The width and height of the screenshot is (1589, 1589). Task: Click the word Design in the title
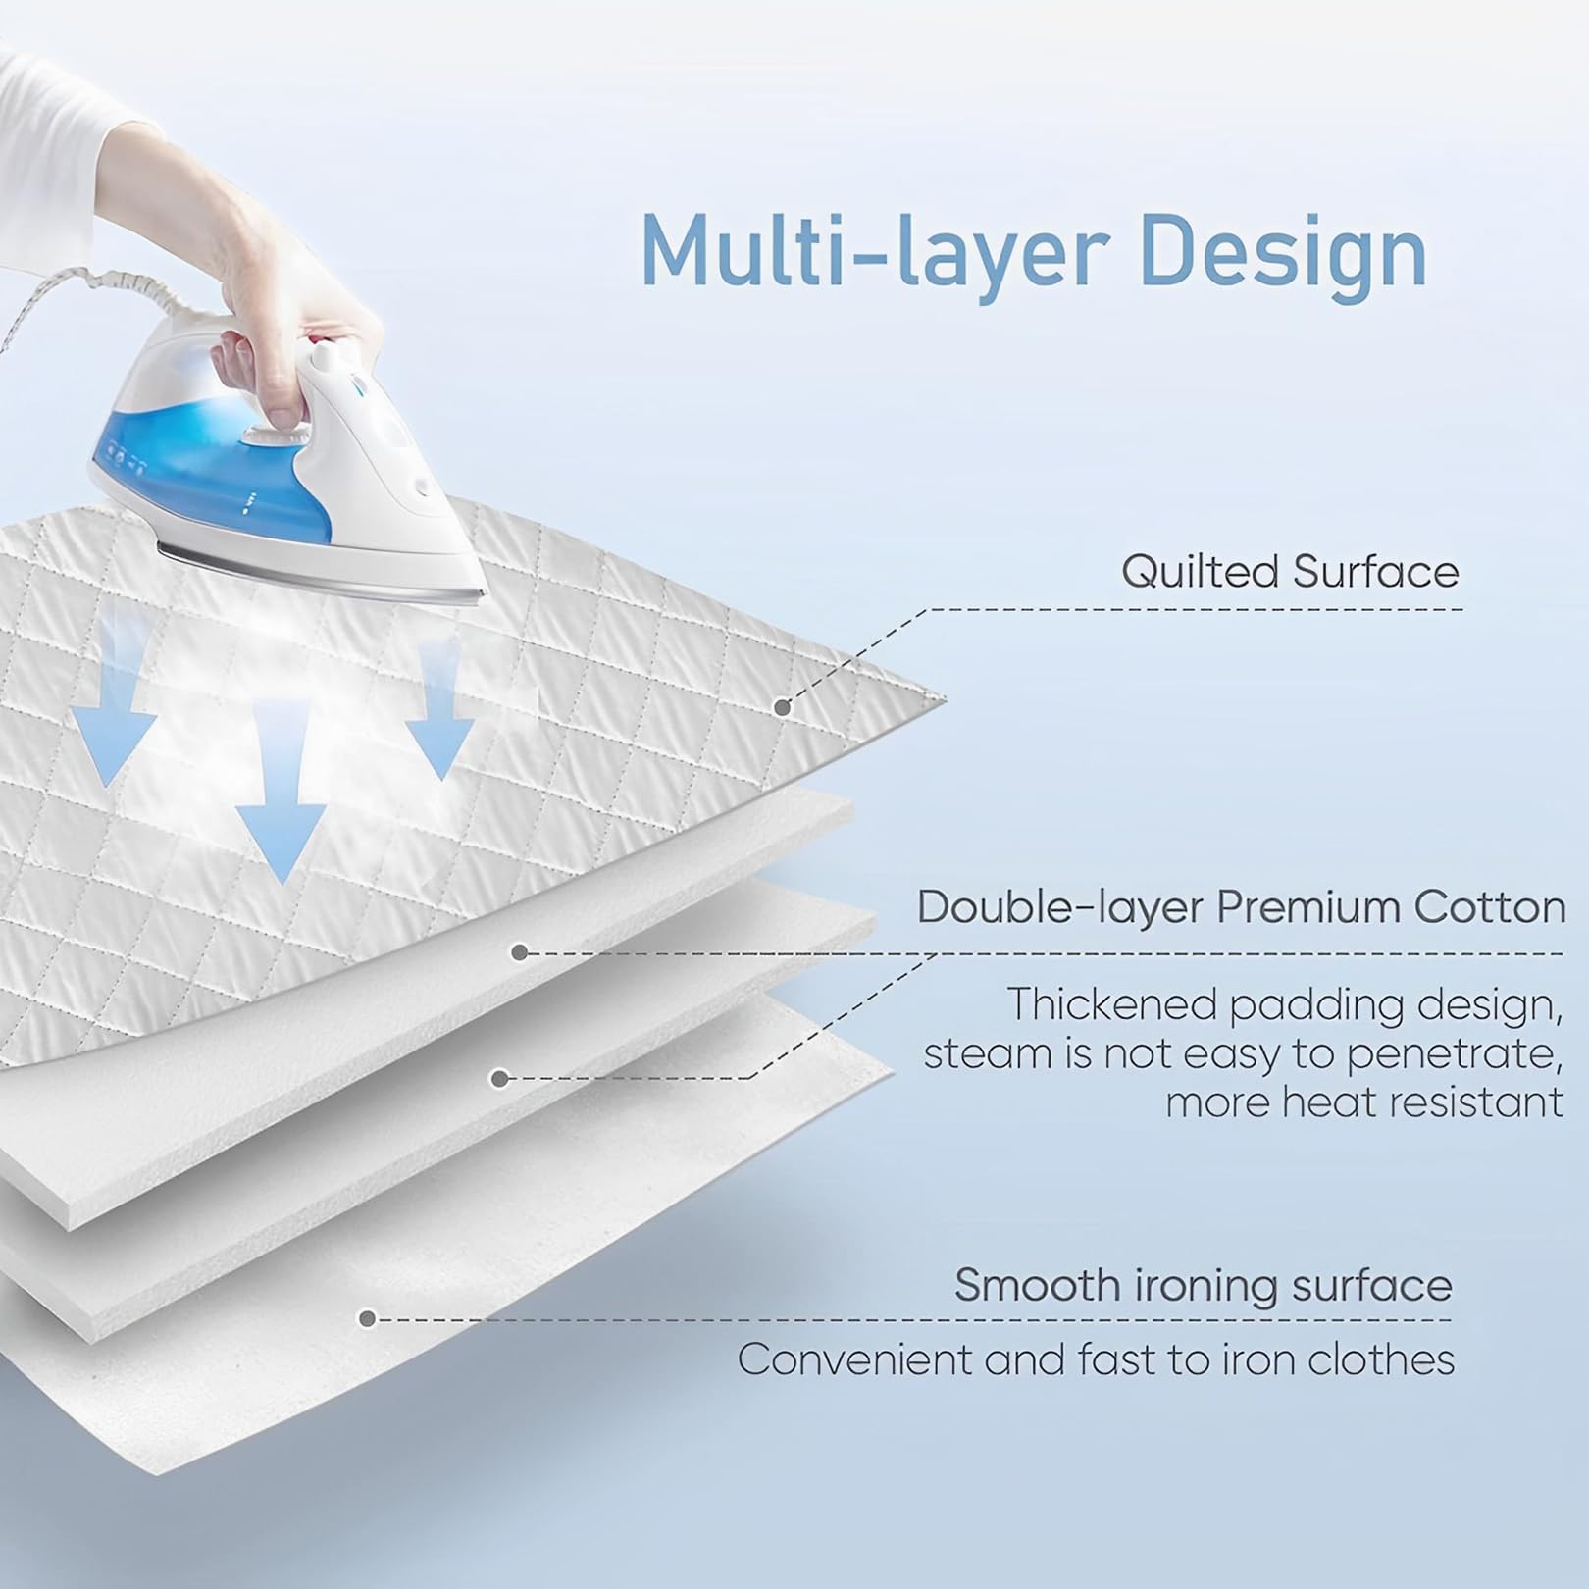tap(1284, 252)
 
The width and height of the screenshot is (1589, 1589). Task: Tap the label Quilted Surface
tap(1290, 571)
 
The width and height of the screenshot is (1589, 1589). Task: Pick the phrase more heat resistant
tap(1364, 1102)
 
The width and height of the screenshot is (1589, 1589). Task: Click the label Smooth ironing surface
tap(1204, 1286)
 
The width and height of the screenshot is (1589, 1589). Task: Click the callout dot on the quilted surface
tap(782, 707)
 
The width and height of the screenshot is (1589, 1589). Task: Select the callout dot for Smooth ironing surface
tap(368, 1319)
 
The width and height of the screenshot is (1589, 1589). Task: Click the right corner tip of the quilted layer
tap(945, 698)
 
